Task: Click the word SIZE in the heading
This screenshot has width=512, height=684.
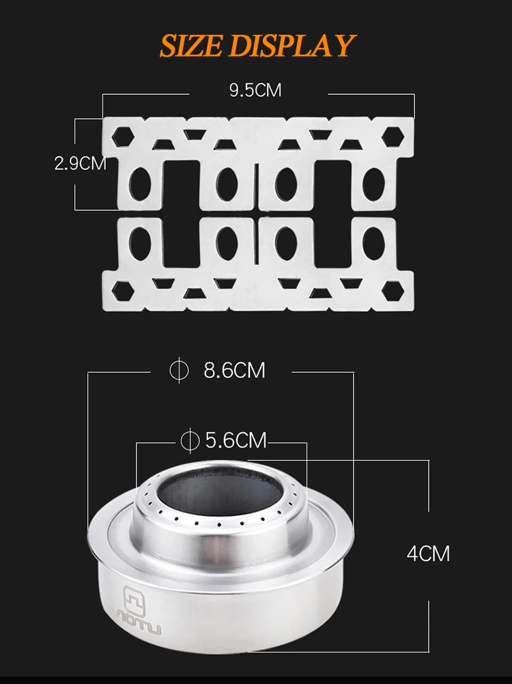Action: [190, 45]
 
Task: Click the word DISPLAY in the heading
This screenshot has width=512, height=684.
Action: [291, 45]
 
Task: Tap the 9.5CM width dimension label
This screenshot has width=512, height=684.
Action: [255, 90]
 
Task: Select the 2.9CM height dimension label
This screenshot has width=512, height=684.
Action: [81, 163]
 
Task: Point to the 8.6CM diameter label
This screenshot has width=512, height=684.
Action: [234, 371]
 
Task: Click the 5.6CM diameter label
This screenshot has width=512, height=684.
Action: [236, 440]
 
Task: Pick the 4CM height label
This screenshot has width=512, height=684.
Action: [428, 554]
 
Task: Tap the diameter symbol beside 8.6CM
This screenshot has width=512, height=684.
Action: [179, 370]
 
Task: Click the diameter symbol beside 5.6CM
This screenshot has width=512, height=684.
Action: [190, 440]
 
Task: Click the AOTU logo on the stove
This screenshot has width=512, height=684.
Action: [139, 611]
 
